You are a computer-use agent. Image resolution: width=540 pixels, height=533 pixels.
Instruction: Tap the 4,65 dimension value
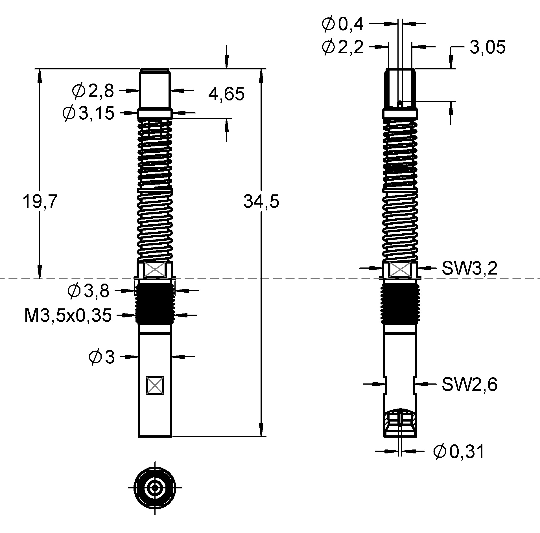(x=226, y=94)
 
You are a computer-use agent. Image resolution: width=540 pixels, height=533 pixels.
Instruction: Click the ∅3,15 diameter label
(x=88, y=113)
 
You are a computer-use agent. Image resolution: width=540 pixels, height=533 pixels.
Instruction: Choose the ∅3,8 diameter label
(x=88, y=291)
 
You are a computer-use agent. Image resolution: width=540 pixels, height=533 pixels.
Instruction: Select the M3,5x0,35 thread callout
(x=68, y=315)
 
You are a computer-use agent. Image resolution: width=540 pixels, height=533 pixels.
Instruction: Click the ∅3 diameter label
(x=102, y=357)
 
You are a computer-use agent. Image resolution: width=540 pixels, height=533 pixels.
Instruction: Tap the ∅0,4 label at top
(x=342, y=24)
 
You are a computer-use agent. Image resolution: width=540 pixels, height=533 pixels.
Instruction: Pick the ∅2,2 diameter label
(x=342, y=47)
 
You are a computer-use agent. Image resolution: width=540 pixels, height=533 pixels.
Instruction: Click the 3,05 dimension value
(x=487, y=47)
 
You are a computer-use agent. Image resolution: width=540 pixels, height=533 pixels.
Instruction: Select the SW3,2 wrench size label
(x=469, y=268)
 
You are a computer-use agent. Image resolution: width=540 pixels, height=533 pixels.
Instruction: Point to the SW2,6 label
(x=469, y=384)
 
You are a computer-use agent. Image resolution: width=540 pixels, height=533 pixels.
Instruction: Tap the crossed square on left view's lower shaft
(x=155, y=385)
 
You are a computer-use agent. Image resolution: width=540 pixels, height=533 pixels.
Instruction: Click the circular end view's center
(x=155, y=488)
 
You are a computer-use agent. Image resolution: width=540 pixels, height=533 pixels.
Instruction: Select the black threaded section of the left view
(x=155, y=303)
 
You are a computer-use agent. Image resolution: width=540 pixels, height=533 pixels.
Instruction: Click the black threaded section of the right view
(x=400, y=303)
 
